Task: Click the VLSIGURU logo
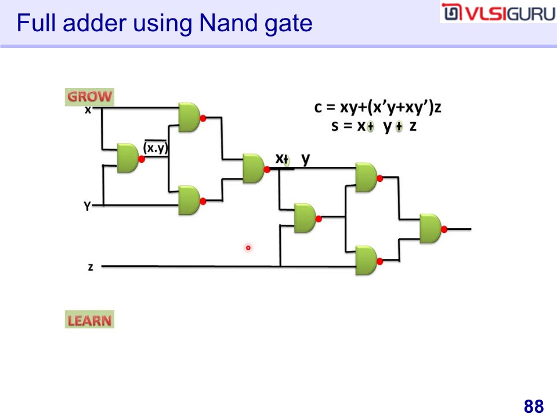(497, 13)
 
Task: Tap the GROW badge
(89, 97)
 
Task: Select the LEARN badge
(89, 320)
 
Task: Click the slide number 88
(533, 406)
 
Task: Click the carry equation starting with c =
(378, 107)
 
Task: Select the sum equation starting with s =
(374, 126)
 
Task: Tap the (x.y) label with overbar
(155, 148)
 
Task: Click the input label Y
(87, 206)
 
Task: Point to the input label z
(91, 267)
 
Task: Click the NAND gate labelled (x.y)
(128, 158)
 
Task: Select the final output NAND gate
(431, 228)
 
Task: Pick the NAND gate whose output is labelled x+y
(253, 169)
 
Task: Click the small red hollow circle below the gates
(248, 248)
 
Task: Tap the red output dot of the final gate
(444, 229)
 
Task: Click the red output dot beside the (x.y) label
(142, 159)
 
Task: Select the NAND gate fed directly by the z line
(366, 261)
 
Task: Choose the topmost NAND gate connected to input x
(189, 118)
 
